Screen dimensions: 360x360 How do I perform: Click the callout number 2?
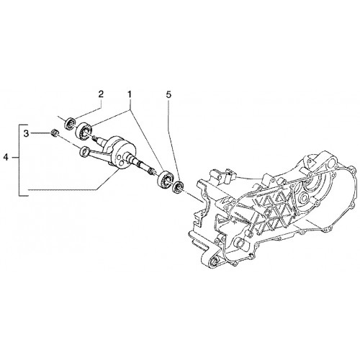pyautogui.click(x=101, y=94)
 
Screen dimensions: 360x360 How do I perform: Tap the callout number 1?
pyautogui.click(x=130, y=94)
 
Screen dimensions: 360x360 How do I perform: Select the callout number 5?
pyautogui.click(x=168, y=95)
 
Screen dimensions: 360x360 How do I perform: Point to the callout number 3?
pyautogui.click(x=26, y=133)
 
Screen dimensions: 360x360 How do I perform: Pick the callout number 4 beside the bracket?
pyautogui.click(x=6, y=158)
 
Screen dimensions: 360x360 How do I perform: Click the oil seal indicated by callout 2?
pyautogui.click(x=71, y=123)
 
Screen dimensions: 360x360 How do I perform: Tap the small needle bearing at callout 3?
pyautogui.click(x=55, y=132)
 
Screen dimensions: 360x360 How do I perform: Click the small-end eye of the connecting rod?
pyautogui.click(x=84, y=151)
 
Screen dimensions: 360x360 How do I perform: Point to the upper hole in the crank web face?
pyautogui.click(x=117, y=159)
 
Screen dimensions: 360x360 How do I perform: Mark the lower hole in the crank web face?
pyautogui.click(x=122, y=164)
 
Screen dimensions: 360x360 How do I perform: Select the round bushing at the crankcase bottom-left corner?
pyautogui.click(x=215, y=261)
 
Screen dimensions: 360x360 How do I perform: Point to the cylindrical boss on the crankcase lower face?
pyautogui.click(x=240, y=242)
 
